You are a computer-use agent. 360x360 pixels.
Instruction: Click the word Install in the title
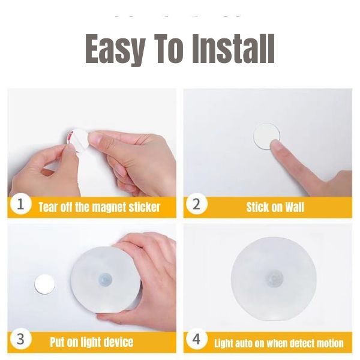pos(233,49)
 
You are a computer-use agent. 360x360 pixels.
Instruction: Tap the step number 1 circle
pos(20,204)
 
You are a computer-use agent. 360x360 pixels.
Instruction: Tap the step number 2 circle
pos(196,204)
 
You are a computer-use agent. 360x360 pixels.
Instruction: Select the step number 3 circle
pos(20,339)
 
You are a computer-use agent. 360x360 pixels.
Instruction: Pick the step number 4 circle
pos(196,339)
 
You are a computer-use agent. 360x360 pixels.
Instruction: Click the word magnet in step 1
pos(109,208)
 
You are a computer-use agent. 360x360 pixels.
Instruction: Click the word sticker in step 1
pos(144,207)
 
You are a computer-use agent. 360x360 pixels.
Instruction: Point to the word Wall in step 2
pos(295,207)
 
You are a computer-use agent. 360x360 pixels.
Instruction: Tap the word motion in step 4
pos(330,343)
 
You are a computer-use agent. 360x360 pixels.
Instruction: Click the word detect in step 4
pos(302,343)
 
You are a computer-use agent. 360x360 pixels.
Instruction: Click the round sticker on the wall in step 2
pos(266,136)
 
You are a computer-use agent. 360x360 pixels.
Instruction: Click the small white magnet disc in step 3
pos(44,284)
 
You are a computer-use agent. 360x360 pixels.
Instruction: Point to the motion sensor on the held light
pos(104,279)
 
